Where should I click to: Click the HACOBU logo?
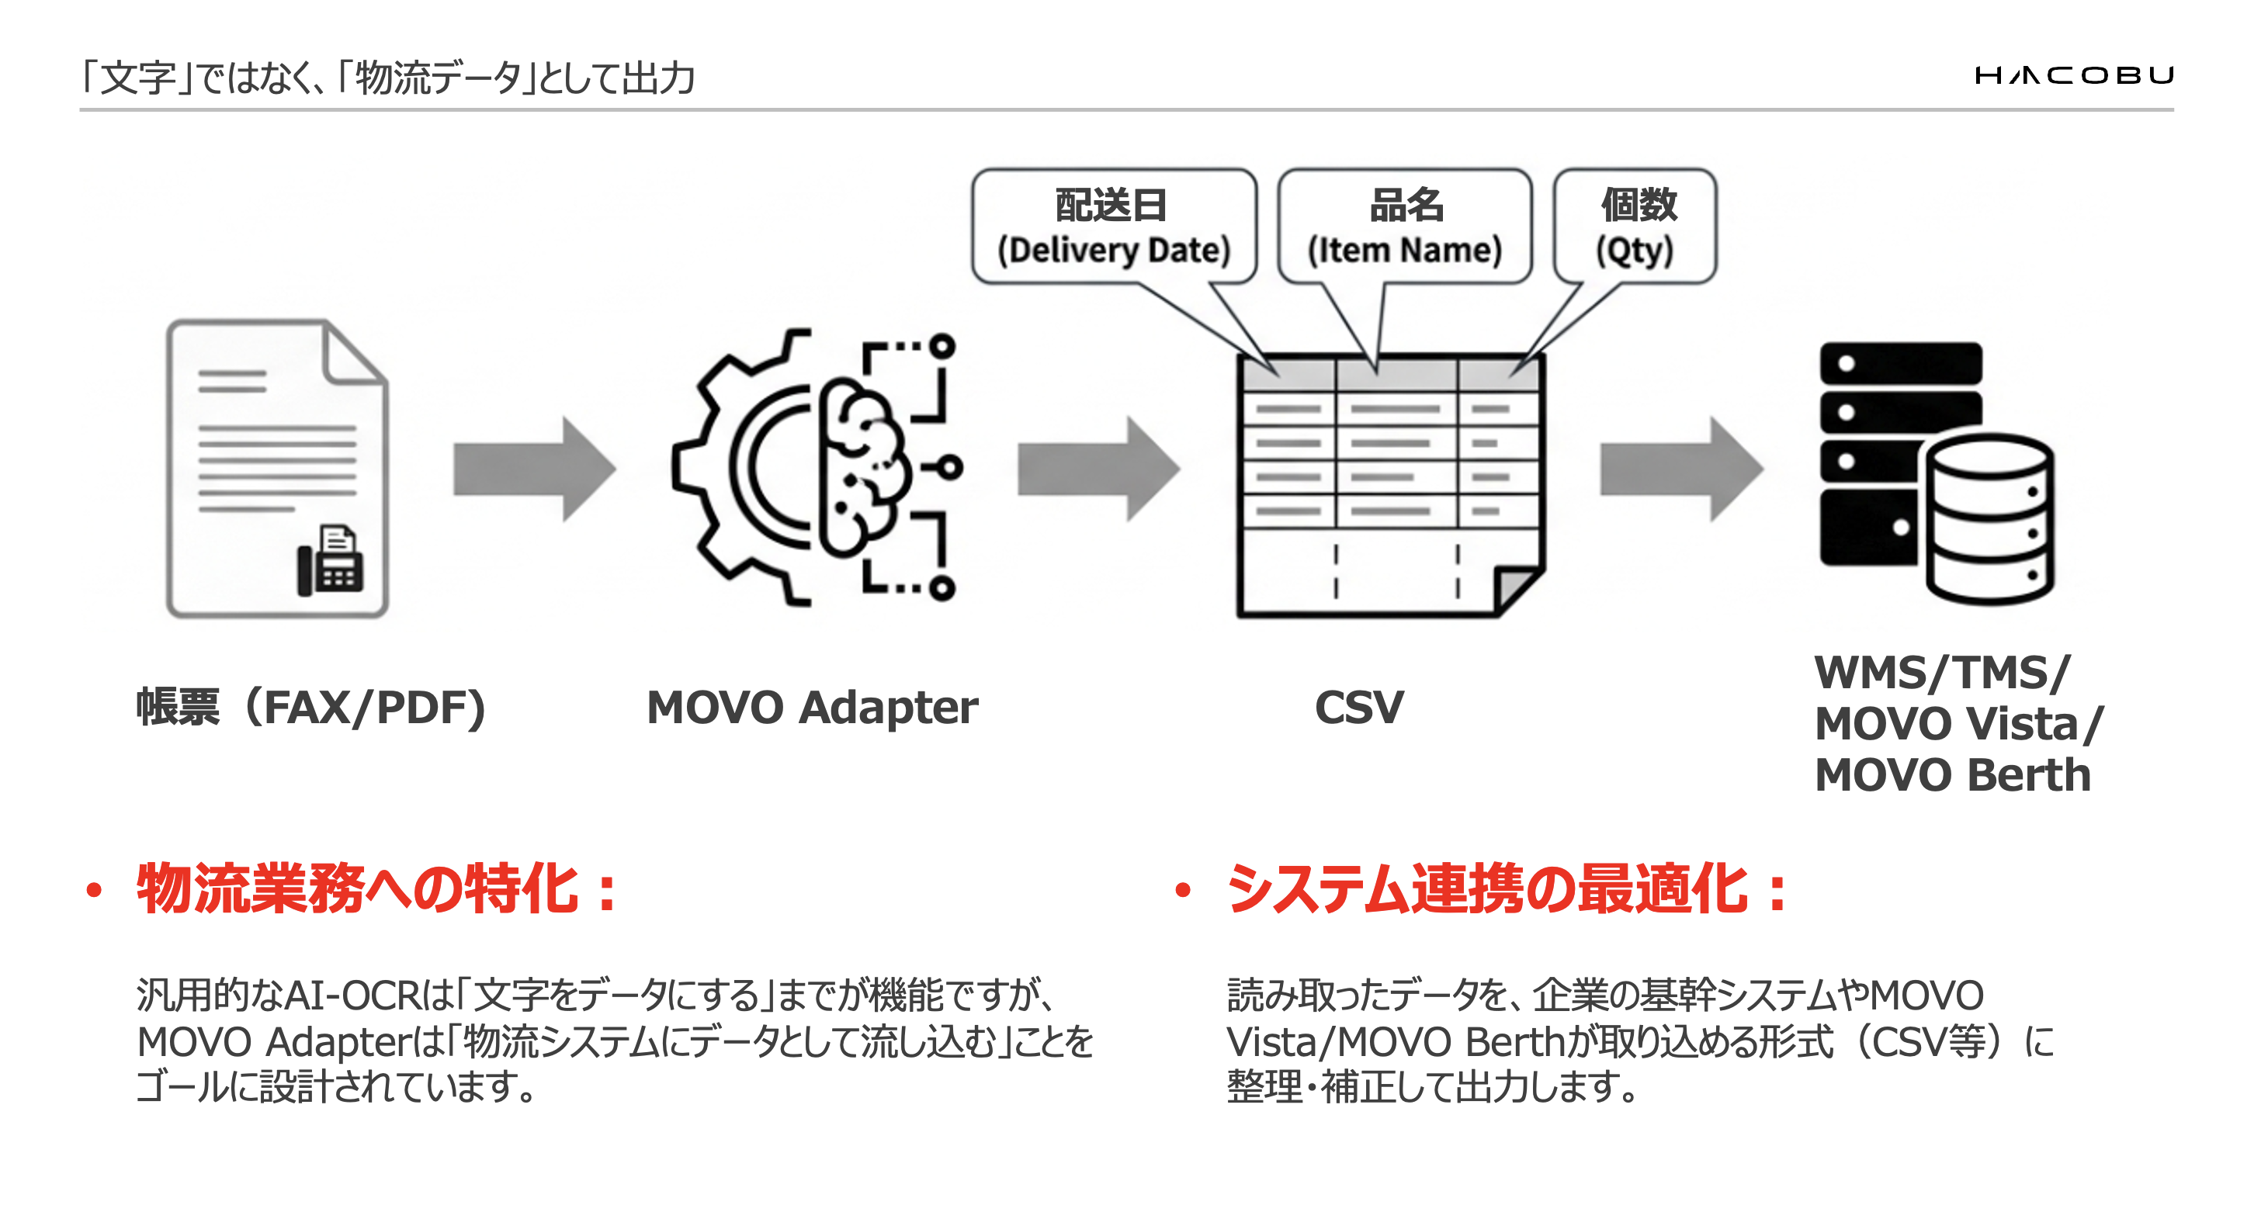(2073, 76)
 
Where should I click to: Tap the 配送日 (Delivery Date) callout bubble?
(1113, 227)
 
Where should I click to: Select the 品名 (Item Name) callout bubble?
(1404, 227)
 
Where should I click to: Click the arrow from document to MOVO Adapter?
(533, 469)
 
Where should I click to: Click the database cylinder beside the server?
(1990, 519)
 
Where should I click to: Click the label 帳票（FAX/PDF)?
(310, 707)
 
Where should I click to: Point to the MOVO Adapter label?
(812, 707)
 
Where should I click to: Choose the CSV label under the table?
(1358, 707)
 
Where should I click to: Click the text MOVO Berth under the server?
(1952, 775)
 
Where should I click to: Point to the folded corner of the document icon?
(354, 352)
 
